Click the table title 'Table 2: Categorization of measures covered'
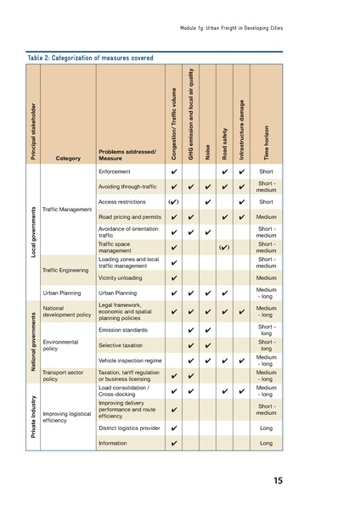click(x=90, y=59)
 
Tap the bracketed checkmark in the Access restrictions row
click(x=173, y=202)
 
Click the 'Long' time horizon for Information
click(x=267, y=443)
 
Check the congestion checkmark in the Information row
click(x=173, y=443)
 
